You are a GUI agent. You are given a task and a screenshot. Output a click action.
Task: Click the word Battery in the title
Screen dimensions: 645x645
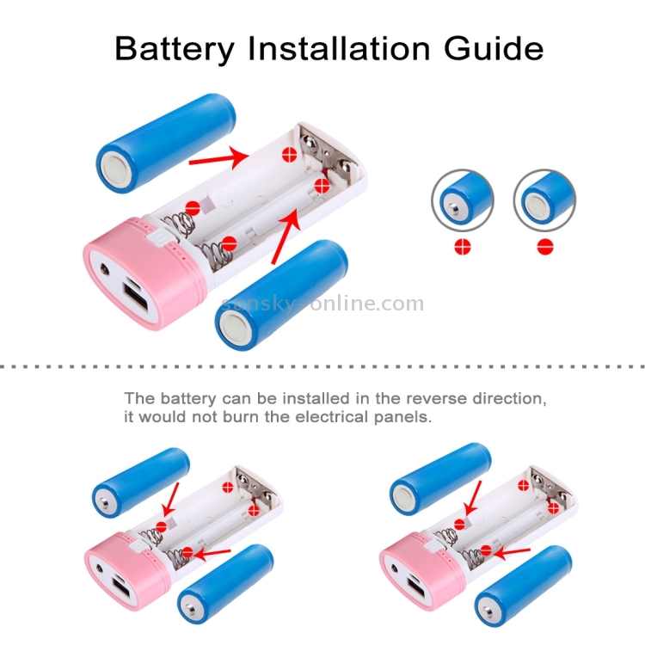(175, 49)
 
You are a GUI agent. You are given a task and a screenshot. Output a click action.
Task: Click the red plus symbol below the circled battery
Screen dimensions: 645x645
(463, 247)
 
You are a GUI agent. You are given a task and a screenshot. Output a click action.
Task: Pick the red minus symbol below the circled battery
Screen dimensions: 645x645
(545, 247)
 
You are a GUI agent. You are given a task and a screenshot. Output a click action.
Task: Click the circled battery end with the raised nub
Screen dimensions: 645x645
(463, 200)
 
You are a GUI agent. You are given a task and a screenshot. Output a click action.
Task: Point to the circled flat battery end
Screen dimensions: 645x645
(544, 200)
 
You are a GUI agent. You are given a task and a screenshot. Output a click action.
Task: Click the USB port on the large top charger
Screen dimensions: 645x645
(136, 300)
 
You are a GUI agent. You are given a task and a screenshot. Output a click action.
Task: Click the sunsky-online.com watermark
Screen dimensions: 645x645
(322, 304)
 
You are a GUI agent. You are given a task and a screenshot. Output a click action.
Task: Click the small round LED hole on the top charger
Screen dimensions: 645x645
(104, 270)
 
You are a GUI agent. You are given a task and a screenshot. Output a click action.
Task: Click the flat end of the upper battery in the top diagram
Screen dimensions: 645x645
(118, 171)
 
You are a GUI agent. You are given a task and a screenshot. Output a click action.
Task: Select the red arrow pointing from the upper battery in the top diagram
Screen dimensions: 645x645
(218, 158)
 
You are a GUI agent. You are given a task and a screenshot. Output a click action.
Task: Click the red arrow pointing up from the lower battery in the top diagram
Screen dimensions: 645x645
(286, 236)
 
